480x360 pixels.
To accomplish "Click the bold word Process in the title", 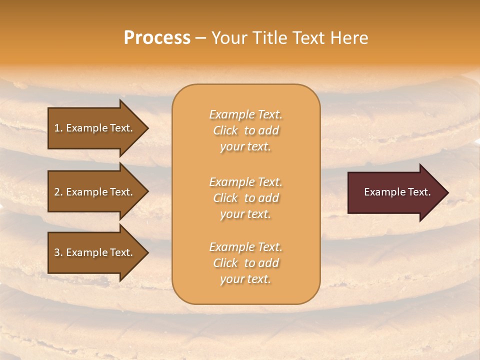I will tap(157, 38).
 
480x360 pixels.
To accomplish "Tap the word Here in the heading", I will tap(349, 38).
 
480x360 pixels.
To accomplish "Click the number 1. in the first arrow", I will tap(58, 128).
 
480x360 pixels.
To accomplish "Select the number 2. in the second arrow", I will tap(58, 192).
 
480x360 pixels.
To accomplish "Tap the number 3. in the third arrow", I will tap(58, 252).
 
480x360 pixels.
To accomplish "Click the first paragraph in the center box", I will tap(245, 130).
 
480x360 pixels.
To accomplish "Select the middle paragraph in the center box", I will tap(245, 198).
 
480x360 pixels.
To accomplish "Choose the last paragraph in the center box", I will tap(245, 263).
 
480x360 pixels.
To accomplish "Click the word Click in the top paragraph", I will tap(225, 130).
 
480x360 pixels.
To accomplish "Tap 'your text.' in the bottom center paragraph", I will tap(245, 279).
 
